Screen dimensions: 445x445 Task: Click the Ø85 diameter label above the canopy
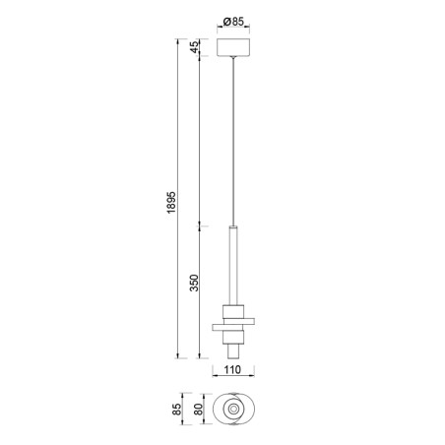(x=233, y=22)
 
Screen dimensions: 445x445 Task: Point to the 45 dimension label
(x=194, y=47)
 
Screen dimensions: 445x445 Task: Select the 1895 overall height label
(x=171, y=202)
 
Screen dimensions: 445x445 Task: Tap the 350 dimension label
(x=194, y=283)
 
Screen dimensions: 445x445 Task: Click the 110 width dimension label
(x=232, y=369)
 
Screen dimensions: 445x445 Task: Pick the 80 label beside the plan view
(x=198, y=409)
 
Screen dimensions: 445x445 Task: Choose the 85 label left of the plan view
(x=177, y=409)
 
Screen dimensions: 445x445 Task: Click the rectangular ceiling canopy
(x=233, y=47)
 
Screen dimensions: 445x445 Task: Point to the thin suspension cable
(x=233, y=141)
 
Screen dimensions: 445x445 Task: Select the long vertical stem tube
(x=233, y=266)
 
